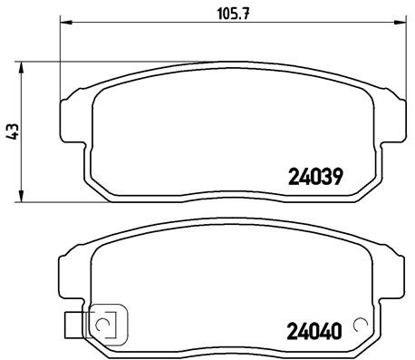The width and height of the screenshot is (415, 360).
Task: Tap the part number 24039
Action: tap(314, 178)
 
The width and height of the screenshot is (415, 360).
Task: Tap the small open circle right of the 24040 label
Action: tap(361, 325)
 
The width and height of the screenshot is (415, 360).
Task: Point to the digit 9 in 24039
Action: tap(335, 178)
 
